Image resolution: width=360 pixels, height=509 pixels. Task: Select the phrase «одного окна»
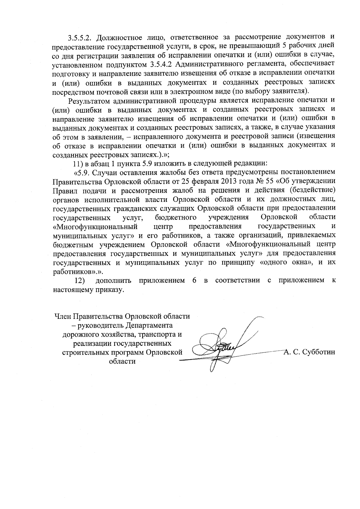click(x=283, y=262)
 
